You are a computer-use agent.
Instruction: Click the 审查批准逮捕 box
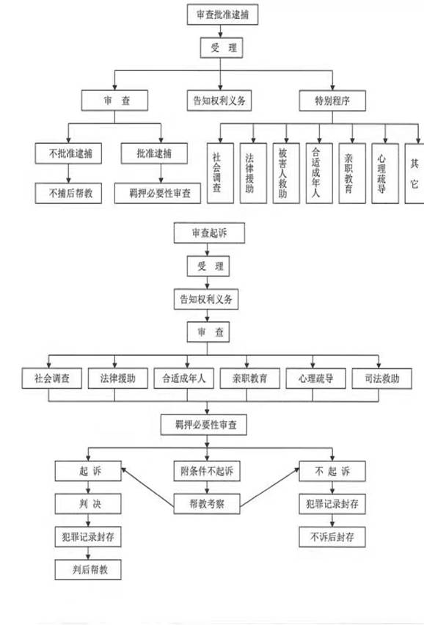[222, 15]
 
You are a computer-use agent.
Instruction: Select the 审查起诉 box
[209, 233]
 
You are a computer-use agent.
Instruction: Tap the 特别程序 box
[332, 100]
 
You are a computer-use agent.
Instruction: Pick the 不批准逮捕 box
[68, 153]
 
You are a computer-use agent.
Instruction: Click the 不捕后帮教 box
[68, 194]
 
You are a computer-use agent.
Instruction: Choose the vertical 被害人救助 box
[286, 173]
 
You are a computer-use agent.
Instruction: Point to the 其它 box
[414, 173]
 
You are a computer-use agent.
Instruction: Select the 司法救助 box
[381, 379]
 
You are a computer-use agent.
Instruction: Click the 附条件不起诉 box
[207, 471]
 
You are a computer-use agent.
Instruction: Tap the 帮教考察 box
[207, 504]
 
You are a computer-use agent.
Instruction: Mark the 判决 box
[88, 504]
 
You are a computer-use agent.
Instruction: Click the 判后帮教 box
[88, 569]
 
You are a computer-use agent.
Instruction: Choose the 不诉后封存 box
[332, 537]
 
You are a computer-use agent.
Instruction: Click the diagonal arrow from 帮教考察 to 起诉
[148, 488]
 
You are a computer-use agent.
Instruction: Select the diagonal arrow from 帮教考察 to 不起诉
[270, 488]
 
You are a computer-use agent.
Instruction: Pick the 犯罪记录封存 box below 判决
[88, 537]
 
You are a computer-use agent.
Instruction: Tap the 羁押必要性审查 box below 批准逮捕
[158, 194]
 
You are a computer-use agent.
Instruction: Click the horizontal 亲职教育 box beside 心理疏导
[250, 379]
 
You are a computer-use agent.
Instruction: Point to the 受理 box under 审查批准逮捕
[222, 48]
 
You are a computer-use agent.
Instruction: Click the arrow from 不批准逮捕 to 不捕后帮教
[68, 173]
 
